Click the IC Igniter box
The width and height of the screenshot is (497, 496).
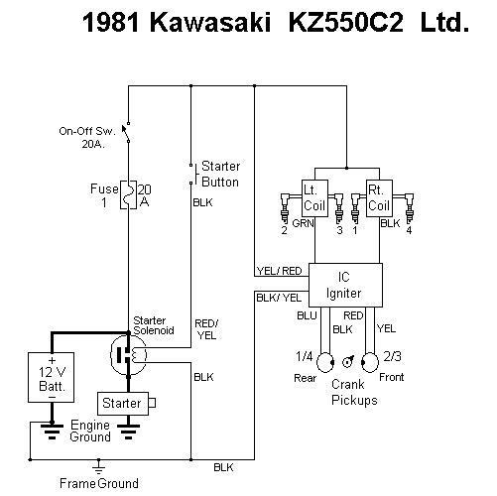tap(345, 285)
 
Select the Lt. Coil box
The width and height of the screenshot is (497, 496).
tap(314, 198)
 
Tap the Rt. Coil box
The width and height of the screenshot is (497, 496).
tap(379, 198)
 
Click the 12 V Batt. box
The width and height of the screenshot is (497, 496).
tap(52, 377)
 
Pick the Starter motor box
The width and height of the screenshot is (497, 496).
tap(123, 404)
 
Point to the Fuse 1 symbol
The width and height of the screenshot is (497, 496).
tap(128, 195)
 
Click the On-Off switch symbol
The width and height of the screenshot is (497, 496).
tap(126, 133)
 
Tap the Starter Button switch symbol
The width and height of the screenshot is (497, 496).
tap(193, 174)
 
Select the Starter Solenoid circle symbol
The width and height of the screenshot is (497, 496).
tap(128, 355)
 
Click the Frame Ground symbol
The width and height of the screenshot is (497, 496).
tap(98, 467)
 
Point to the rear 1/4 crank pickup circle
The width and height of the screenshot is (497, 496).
tap(325, 362)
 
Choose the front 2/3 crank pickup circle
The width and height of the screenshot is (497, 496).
tap(370, 362)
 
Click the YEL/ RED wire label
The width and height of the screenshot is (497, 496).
tap(280, 271)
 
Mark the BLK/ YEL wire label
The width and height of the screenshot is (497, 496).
tap(279, 298)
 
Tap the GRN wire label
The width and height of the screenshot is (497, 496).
tap(303, 223)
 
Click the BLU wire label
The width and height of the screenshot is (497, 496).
tap(307, 315)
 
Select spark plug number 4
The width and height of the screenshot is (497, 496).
tap(409, 208)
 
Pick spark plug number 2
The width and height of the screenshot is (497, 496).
tap(285, 208)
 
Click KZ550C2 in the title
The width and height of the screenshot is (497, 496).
tap(346, 23)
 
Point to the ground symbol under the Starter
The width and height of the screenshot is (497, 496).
tap(129, 431)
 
